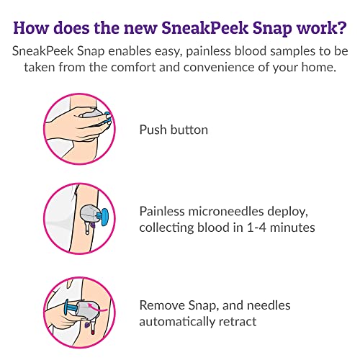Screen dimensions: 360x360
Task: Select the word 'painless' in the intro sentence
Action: tap(209, 53)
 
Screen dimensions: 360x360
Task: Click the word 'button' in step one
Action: tap(189, 130)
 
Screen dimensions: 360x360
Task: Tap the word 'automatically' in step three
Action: tap(176, 321)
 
